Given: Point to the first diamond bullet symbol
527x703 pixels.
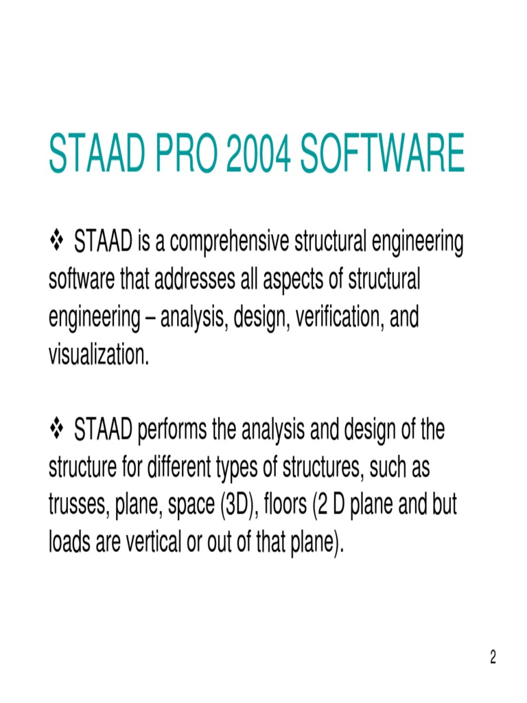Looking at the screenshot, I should pyautogui.click(x=57, y=242).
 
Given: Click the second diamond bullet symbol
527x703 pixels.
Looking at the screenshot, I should pyautogui.click(x=57, y=430).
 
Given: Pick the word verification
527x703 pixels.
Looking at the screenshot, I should pyautogui.click(x=334, y=318).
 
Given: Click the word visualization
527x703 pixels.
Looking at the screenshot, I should pyautogui.click(x=98, y=356).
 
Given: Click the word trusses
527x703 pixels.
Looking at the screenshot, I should pyautogui.click(x=75, y=507).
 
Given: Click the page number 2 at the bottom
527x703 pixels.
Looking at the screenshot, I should pyautogui.click(x=492, y=658).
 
